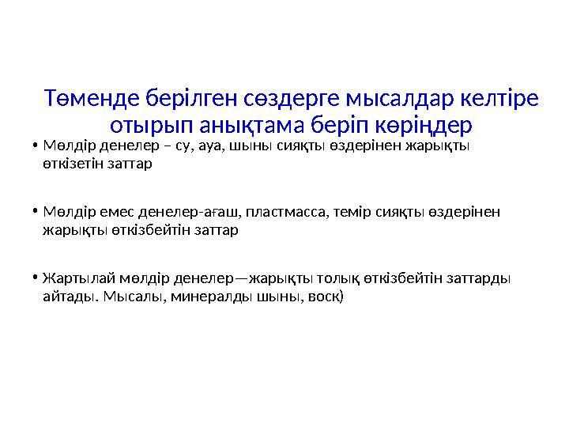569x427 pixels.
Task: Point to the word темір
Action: point(353,213)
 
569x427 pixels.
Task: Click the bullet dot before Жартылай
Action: point(36,279)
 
